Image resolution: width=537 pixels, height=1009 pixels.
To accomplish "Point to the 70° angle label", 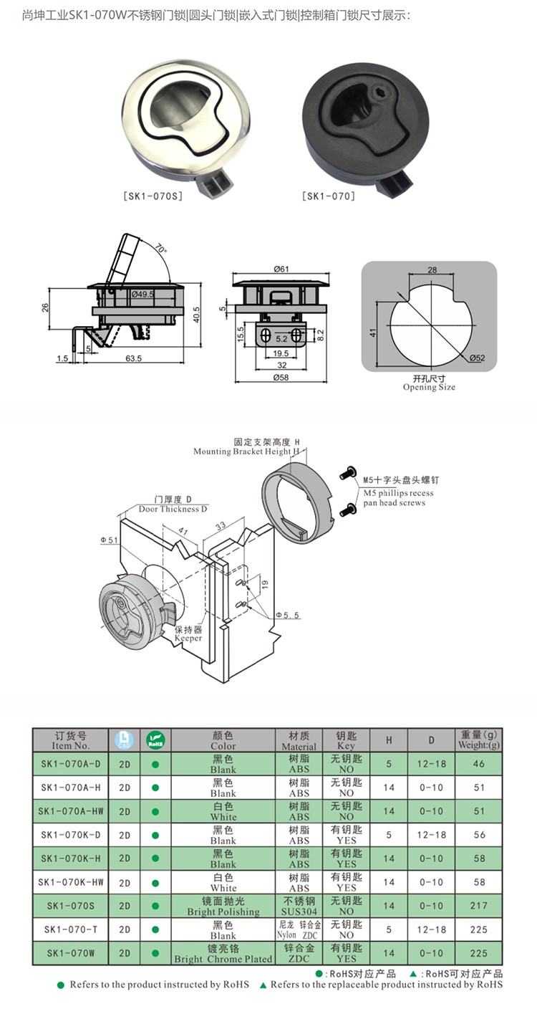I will tap(160, 249).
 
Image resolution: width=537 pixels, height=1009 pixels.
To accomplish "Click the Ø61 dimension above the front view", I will tap(281, 269).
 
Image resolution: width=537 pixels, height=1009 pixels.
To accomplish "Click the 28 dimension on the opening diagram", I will tap(432, 270).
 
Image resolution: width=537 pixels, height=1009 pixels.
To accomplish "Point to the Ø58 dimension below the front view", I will tap(281, 378).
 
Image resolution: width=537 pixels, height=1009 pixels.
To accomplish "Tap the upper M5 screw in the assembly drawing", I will tap(348, 472).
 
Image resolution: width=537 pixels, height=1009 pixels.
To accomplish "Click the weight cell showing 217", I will tap(479, 906).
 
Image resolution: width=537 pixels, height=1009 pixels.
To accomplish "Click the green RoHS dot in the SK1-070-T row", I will tap(155, 929).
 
